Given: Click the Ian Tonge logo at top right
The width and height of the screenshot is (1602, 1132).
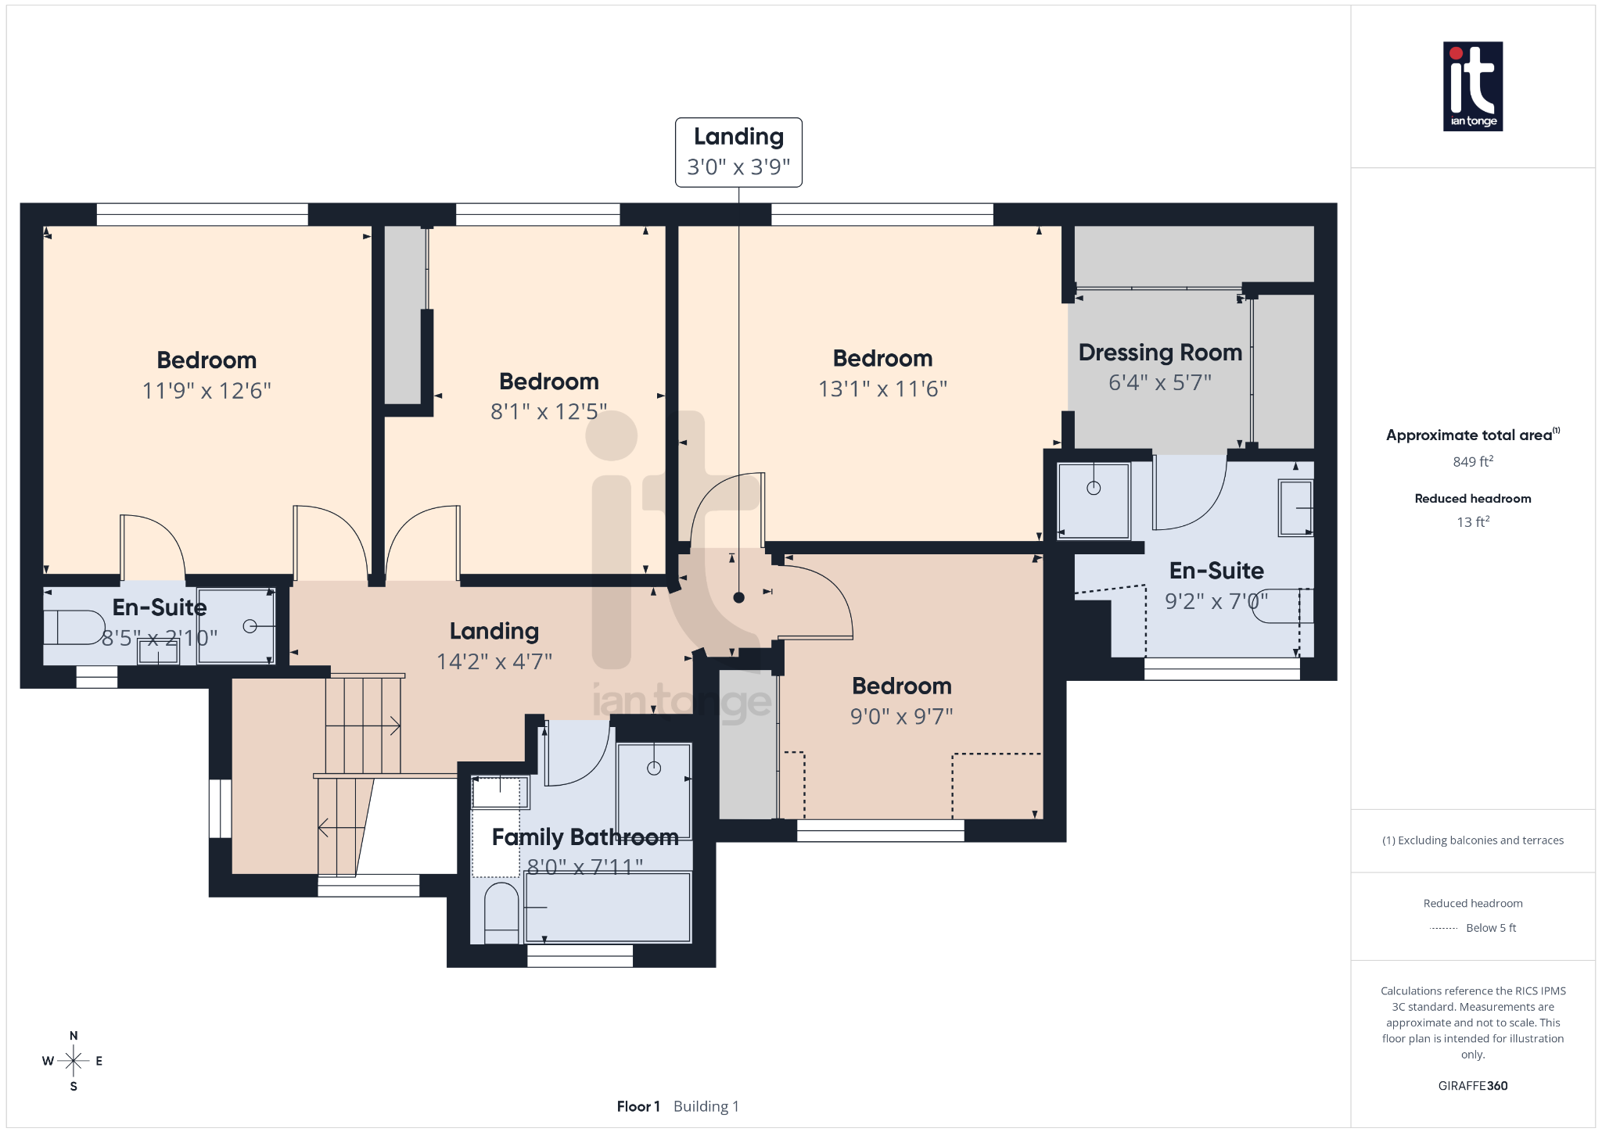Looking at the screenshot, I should tap(1472, 86).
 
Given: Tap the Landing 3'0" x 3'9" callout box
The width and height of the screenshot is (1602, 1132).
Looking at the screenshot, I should tap(738, 152).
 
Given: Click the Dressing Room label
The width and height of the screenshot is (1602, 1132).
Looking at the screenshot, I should tap(1160, 353).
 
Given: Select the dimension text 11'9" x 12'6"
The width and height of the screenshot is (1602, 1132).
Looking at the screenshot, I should tap(207, 391).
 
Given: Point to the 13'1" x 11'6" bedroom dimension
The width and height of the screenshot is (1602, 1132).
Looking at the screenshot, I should tap(882, 389).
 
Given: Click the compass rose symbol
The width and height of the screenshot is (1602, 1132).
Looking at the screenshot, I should tap(74, 1061).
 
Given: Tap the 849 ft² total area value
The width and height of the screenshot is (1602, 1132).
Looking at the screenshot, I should tap(1472, 462).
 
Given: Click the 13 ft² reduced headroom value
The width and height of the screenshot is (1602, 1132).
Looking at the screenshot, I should tap(1472, 521).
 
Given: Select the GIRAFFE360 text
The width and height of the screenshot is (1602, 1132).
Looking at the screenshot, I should tap(1472, 1086).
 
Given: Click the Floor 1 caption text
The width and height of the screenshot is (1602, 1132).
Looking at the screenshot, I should tap(638, 1106).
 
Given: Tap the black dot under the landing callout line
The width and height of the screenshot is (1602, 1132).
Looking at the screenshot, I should tap(738, 597).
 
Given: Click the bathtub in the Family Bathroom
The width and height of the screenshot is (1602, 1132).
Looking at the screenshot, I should tap(608, 908).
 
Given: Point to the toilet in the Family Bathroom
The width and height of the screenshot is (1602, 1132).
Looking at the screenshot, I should tap(501, 912).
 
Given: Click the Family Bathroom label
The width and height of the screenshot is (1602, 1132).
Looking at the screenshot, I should tap(584, 837).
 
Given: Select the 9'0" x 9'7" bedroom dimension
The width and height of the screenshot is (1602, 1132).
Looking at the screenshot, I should tap(901, 716).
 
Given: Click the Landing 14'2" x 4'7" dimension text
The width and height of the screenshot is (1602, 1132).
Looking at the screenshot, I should tap(494, 661).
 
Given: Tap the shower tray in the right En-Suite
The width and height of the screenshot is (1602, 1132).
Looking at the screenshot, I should tap(1093, 500).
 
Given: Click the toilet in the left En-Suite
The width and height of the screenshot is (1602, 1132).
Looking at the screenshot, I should tap(75, 627).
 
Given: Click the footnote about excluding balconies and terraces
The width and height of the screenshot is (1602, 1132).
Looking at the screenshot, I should tap(1472, 840).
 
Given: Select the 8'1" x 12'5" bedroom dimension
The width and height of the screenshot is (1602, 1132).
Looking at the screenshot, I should tap(548, 412).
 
